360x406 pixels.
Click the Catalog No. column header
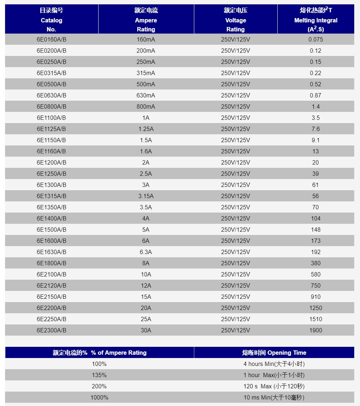(x=51, y=20)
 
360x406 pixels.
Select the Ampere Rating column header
(x=146, y=20)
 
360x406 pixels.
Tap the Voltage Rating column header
(x=235, y=20)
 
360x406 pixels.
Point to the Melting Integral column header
(x=316, y=20)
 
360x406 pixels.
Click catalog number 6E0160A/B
(x=51, y=39)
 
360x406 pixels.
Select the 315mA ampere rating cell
(x=146, y=73)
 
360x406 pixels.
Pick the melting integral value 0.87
(x=316, y=95)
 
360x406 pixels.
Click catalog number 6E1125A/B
(x=51, y=129)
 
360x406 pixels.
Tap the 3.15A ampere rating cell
(x=146, y=196)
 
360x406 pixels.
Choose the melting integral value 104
(x=316, y=218)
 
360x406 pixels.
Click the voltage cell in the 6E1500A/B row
(x=235, y=230)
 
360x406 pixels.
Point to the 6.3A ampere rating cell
(x=146, y=252)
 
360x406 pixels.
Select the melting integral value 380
(x=316, y=263)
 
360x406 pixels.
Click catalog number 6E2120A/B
(x=51, y=285)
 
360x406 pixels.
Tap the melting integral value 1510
(x=316, y=319)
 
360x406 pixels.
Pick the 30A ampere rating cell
(x=146, y=330)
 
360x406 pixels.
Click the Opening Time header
(x=274, y=353)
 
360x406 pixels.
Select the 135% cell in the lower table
(x=99, y=375)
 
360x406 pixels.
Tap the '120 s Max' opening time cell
(x=274, y=386)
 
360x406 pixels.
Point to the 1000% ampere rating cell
(x=99, y=397)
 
